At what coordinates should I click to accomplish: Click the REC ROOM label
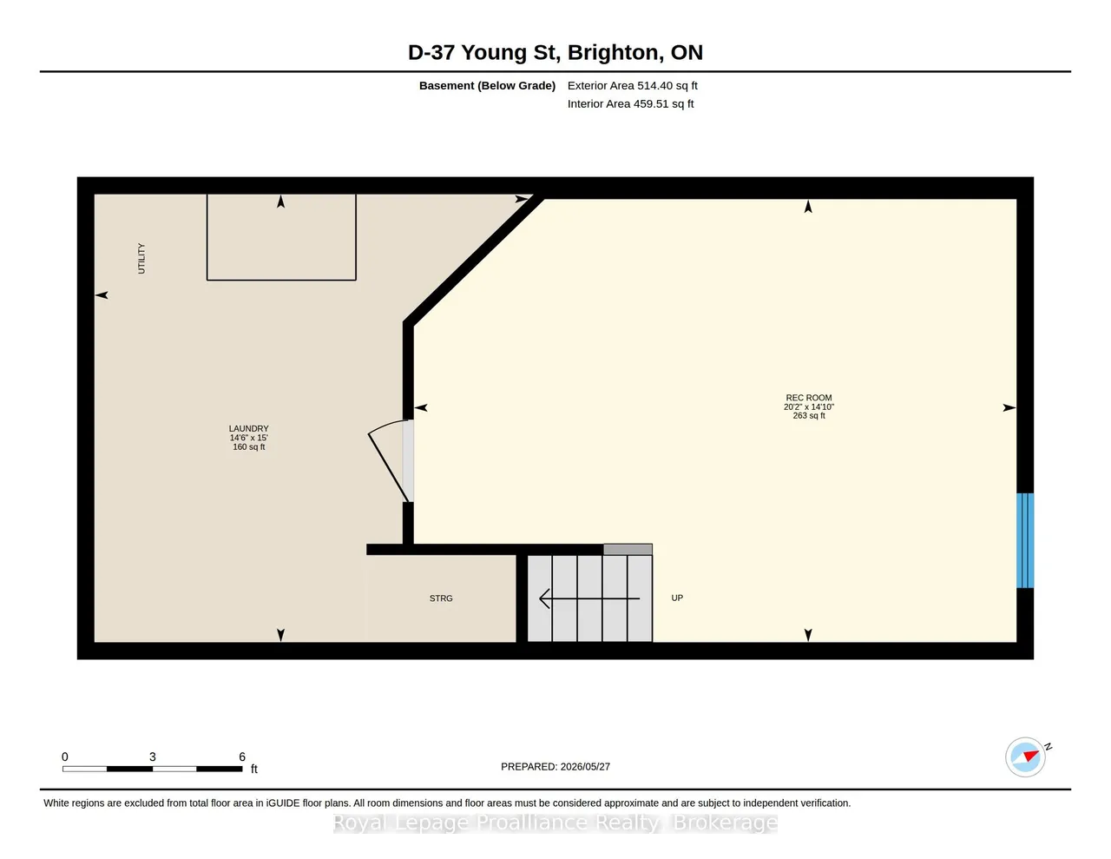pyautogui.click(x=808, y=398)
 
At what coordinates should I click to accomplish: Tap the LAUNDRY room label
pyautogui.click(x=248, y=428)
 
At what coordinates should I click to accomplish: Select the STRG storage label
pyautogui.click(x=441, y=598)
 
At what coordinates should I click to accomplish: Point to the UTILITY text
pyautogui.click(x=141, y=258)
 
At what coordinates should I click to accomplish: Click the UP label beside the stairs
pyautogui.click(x=677, y=598)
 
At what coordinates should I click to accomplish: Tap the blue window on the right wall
pyautogui.click(x=1024, y=540)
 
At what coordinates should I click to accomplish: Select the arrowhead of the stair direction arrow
pyautogui.click(x=544, y=598)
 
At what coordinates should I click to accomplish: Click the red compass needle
pyautogui.click(x=1031, y=756)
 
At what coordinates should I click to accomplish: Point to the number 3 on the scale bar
pyautogui.click(x=153, y=757)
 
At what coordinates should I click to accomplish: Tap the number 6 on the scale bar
pyautogui.click(x=242, y=757)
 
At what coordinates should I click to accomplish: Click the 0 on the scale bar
pyautogui.click(x=65, y=757)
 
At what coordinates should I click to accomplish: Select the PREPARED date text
pyautogui.click(x=555, y=766)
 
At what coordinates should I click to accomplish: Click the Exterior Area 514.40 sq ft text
pyautogui.click(x=633, y=85)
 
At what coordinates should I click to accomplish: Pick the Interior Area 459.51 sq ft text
pyautogui.click(x=630, y=104)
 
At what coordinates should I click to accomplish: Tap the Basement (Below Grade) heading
pyautogui.click(x=487, y=85)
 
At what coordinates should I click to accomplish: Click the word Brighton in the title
pyautogui.click(x=612, y=52)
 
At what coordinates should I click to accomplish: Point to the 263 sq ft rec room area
pyautogui.click(x=808, y=415)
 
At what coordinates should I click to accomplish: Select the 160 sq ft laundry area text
pyautogui.click(x=248, y=446)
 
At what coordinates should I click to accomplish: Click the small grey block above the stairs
pyautogui.click(x=628, y=549)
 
